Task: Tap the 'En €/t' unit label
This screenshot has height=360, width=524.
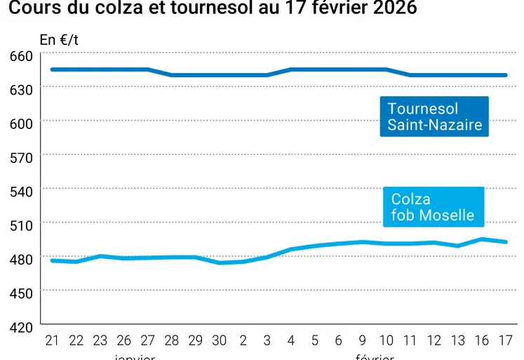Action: coord(59,40)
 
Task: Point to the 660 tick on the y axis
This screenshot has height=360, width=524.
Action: coord(22,55)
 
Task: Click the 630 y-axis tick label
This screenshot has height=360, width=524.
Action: coord(22,89)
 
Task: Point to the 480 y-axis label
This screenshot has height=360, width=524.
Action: coord(22,260)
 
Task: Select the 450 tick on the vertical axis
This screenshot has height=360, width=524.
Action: coord(22,293)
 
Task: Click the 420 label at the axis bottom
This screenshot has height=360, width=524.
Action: coord(22,328)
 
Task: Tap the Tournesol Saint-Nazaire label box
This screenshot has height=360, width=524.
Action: coord(434,116)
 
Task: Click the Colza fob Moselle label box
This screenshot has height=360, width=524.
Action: coord(433,207)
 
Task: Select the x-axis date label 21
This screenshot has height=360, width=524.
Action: coord(52,340)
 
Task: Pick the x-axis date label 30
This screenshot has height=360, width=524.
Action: coord(219,340)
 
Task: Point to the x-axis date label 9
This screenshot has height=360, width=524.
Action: coord(362,340)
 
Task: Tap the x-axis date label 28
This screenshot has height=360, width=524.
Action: coord(172,340)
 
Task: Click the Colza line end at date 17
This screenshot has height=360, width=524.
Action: coord(506,242)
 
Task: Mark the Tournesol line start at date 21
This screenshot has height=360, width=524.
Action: coord(52,69)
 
